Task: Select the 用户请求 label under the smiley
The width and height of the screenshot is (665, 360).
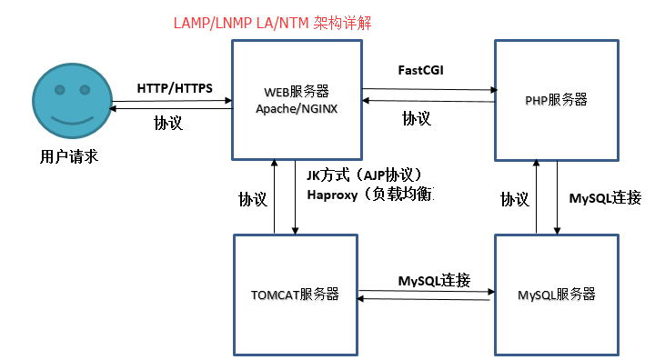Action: click(x=68, y=157)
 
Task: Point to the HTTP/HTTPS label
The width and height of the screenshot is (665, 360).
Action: click(x=175, y=88)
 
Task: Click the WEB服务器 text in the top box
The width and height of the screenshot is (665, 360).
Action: click(x=296, y=91)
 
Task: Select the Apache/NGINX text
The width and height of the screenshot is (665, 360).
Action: click(x=296, y=108)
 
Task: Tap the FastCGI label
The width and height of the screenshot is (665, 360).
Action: click(x=420, y=70)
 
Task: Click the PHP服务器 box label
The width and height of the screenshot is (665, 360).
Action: click(x=557, y=100)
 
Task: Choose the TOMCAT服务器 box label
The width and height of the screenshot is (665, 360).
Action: click(x=295, y=294)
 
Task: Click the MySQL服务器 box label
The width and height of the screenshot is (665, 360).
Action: click(x=556, y=295)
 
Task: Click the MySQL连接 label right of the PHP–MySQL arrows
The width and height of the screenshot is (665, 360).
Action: click(x=605, y=197)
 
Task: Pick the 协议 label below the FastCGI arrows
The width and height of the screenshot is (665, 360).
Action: click(x=417, y=118)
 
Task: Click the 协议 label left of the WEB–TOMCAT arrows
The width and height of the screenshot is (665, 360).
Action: click(x=253, y=198)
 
